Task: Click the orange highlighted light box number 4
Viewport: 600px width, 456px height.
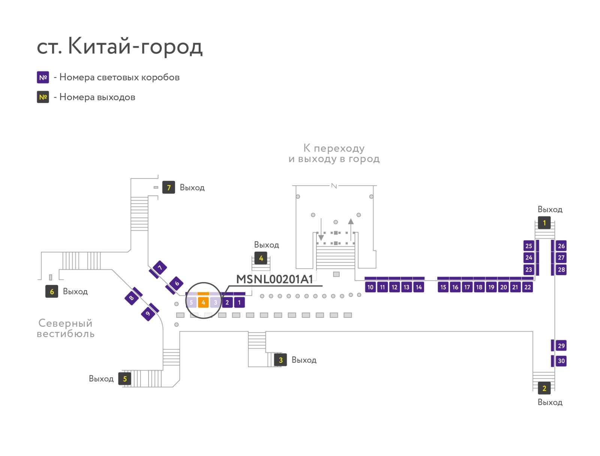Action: [203, 302]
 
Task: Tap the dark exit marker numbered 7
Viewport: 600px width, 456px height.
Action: [168, 187]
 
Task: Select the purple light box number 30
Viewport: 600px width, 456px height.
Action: [561, 361]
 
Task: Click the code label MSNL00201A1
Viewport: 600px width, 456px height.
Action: [274, 279]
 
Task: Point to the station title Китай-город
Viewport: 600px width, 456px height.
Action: [135, 46]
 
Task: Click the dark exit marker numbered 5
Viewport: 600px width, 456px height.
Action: [124, 379]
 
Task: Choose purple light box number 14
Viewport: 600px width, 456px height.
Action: [418, 287]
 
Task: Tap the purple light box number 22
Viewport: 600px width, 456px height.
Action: [527, 287]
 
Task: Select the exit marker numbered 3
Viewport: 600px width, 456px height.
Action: [280, 360]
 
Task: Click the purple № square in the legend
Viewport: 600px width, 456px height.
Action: [43, 77]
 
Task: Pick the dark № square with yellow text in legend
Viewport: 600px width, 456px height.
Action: [43, 97]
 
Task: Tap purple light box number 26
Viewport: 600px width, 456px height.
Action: [561, 246]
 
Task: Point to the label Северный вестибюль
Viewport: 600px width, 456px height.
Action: [66, 328]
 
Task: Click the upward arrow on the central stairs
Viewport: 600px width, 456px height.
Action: [350, 229]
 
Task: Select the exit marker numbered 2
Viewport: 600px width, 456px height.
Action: [544, 388]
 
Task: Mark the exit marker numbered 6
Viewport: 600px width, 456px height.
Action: [52, 291]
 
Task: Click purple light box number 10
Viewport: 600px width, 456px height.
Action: [370, 287]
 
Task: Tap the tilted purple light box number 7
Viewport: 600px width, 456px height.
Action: [160, 268]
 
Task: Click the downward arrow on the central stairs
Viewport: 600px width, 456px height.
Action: [321, 229]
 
